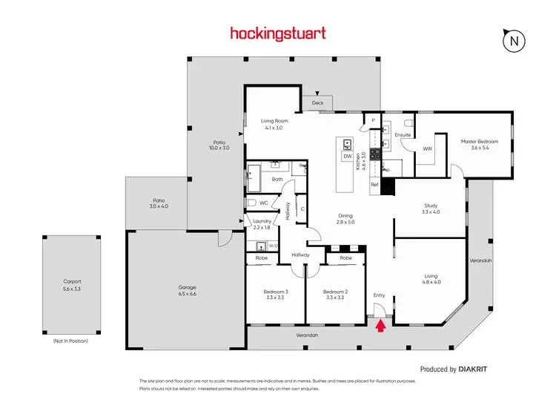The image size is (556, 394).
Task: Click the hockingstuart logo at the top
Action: point(278,33)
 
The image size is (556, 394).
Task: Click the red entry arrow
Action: point(381,325)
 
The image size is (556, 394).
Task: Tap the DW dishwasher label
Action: point(346,157)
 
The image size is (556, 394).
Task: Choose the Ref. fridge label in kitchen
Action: point(375,184)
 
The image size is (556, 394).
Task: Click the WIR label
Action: point(427,149)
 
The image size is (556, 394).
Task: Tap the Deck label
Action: point(317,102)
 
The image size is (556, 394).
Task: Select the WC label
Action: point(263,202)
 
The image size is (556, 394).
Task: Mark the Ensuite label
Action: point(403,135)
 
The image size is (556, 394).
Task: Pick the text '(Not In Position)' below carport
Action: point(71,341)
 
